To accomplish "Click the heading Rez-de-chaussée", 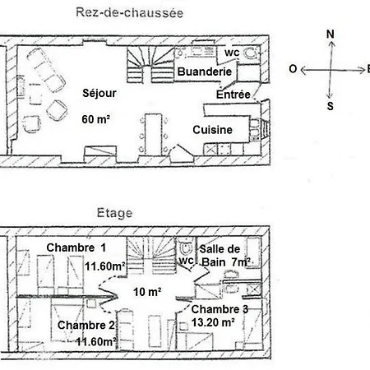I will click(128, 12).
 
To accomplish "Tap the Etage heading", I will click(114, 213).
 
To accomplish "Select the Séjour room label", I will click(99, 93).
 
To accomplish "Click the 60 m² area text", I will click(96, 119).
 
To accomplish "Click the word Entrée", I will click(233, 95).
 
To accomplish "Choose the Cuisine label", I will click(212, 130).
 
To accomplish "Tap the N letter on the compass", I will click(331, 34).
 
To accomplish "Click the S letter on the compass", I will click(331, 105).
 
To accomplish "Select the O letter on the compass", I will click(292, 70).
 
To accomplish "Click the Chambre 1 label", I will click(76, 247).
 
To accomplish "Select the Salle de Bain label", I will click(220, 255).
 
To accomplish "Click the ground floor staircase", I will click(149, 66).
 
